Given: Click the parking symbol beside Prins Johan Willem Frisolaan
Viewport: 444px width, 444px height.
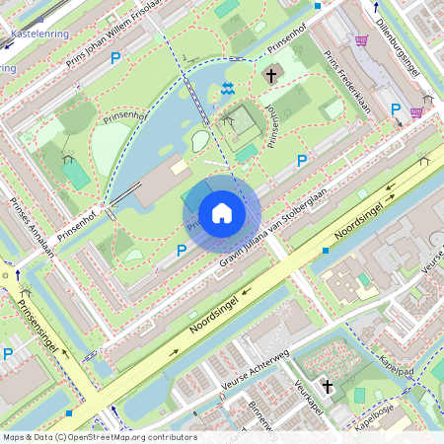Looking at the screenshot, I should coord(115,59).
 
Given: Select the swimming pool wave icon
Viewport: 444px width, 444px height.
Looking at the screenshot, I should coord(228,90).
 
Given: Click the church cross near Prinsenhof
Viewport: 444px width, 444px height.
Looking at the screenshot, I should coord(270,74).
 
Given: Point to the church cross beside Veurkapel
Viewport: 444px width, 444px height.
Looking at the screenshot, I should coord(327,387).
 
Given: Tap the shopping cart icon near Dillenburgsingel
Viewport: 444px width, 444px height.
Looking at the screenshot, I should coord(362,40).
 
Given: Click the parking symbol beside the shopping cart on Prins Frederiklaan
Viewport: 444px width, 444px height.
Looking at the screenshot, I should coord(396,110).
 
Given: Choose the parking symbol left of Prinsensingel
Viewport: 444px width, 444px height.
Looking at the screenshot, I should coord(8,353).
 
